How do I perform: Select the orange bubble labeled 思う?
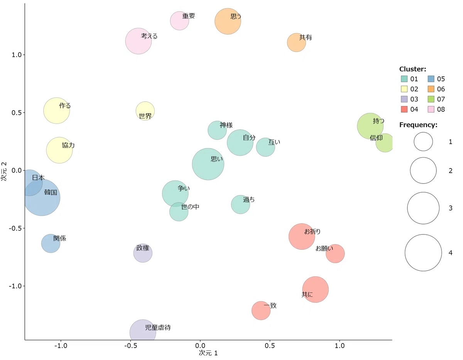coord(228,21)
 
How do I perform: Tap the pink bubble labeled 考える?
coord(139,41)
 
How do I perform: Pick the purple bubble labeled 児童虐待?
coord(143,331)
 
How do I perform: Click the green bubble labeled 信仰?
coord(384,143)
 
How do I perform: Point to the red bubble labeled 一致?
coord(261,311)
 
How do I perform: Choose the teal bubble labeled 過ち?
coord(240,204)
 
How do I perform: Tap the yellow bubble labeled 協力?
coord(59,150)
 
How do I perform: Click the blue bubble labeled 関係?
coord(51,243)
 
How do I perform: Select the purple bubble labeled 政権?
coord(143,253)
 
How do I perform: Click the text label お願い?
coord(324,249)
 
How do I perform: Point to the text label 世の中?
coord(190,207)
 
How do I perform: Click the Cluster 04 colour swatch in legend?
coord(404,109)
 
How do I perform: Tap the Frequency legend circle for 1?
coord(423,141)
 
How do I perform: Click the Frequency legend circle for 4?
coord(423,253)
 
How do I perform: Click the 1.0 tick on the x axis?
coord(340,340)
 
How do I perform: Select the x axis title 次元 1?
coord(208,353)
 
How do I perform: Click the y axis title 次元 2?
coord(5,171)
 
